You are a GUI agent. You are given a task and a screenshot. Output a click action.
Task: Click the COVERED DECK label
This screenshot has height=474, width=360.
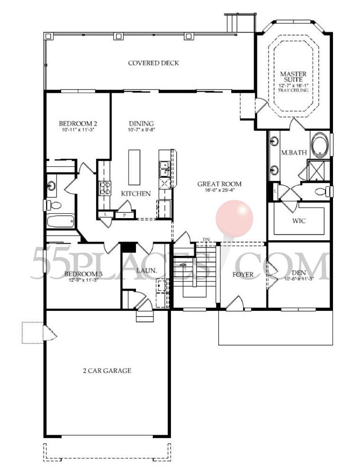click(x=153, y=63)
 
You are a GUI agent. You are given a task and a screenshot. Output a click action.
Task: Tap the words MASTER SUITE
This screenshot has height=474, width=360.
click(x=293, y=77)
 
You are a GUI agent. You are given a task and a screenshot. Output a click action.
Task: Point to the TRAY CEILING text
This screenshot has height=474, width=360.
click(x=293, y=90)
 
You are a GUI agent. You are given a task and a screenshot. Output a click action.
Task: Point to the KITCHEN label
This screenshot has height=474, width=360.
click(x=136, y=193)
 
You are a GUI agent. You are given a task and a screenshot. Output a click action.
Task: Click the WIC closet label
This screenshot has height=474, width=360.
click(x=298, y=221)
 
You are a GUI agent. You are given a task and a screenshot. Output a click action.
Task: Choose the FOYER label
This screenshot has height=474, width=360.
click(x=243, y=274)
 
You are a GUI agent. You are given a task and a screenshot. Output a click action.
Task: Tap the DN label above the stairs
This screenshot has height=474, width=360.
click(x=206, y=239)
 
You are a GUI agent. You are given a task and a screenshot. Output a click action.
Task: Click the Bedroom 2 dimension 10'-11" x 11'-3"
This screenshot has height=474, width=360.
click(x=78, y=129)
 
